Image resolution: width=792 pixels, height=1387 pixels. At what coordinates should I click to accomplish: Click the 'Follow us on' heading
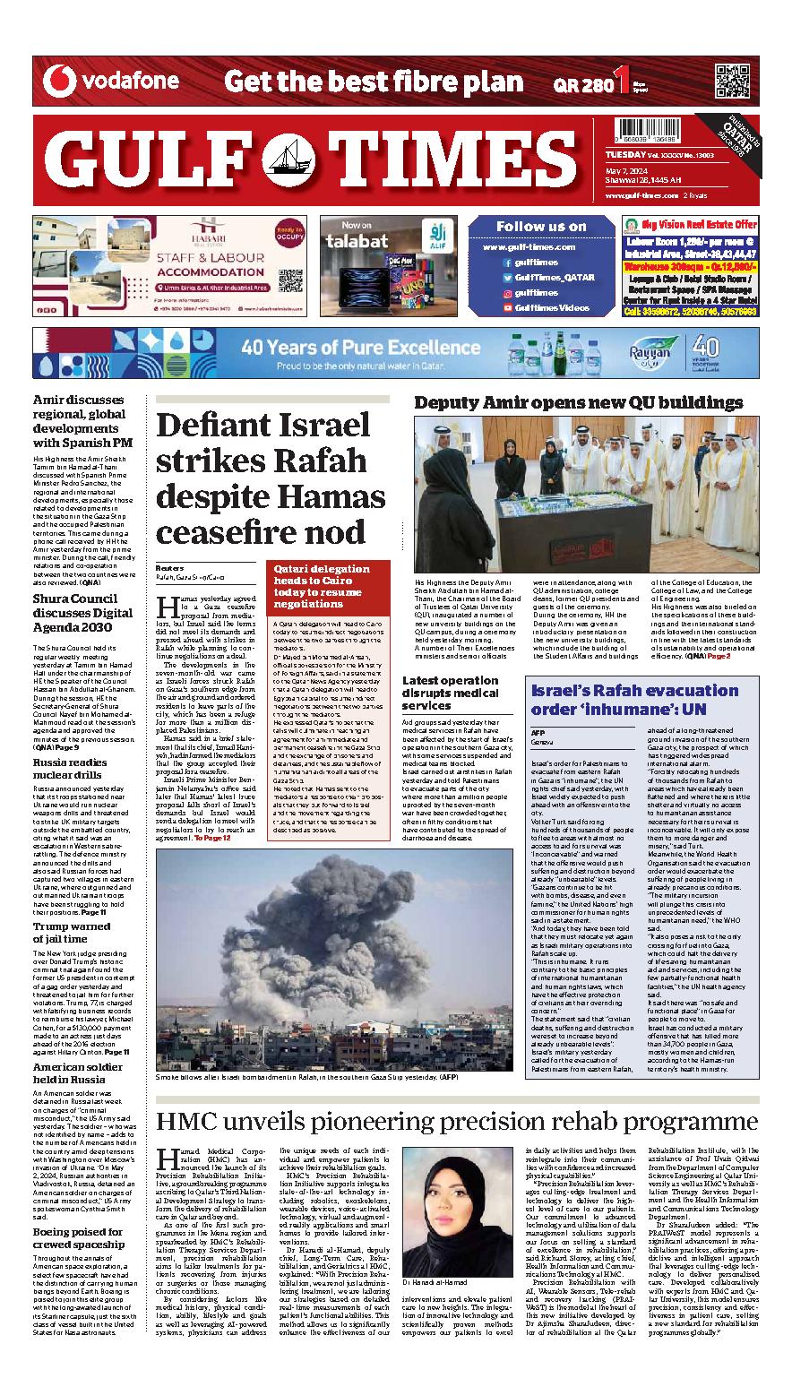click(541, 226)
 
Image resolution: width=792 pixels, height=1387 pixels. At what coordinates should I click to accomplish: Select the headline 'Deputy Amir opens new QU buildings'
click(578, 402)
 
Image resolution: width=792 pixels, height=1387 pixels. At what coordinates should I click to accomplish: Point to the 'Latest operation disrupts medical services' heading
click(475, 693)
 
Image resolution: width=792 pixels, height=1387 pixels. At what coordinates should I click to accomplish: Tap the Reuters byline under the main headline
click(169, 568)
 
